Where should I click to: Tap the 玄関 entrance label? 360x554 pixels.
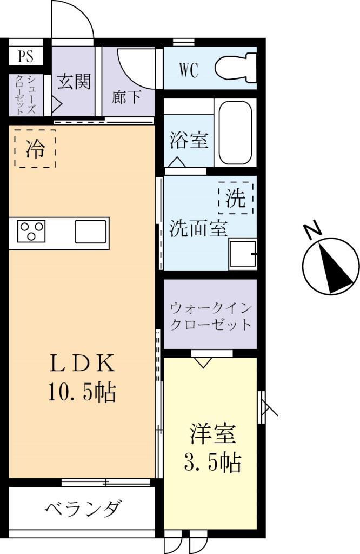coord(74,82)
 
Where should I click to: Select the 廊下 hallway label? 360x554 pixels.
coord(127,97)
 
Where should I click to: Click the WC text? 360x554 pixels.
coord(188,70)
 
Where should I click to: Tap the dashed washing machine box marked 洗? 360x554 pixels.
coord(236,197)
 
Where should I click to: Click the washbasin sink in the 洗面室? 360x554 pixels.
coord(243,253)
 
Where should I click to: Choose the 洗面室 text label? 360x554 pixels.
coord(198,229)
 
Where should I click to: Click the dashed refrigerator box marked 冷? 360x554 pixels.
coord(35,149)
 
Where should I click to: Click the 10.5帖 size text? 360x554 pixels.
coord(82,393)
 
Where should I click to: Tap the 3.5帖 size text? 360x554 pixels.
coord(211,463)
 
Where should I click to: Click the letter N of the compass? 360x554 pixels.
coord(312,231)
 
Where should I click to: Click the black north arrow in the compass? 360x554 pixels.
coord(335,268)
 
